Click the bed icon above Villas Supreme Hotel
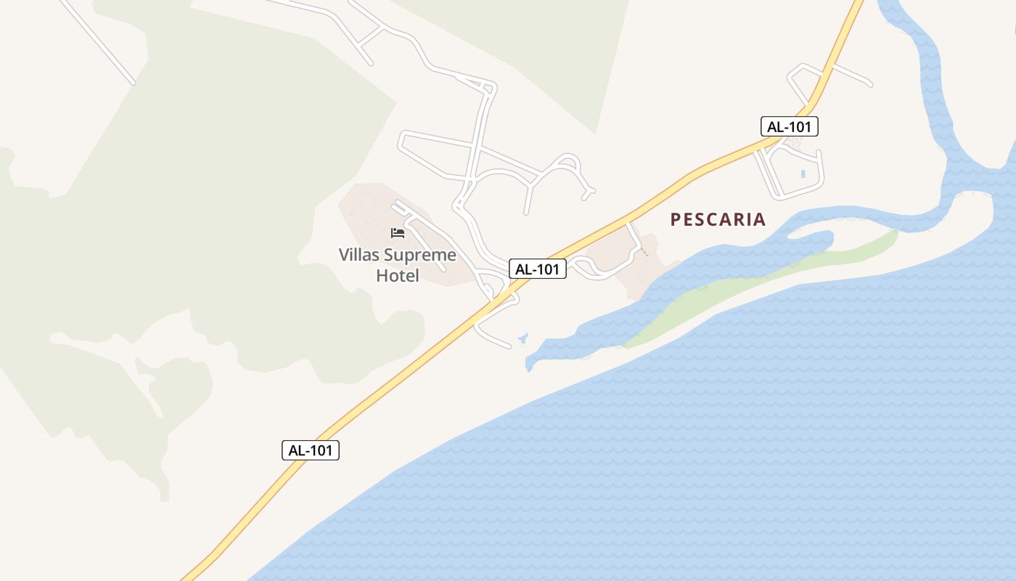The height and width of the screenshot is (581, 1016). (398, 233)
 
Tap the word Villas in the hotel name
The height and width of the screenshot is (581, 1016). (361, 255)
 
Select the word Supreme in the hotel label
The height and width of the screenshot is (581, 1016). (420, 255)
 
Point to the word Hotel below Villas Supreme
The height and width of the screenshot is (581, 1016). (398, 276)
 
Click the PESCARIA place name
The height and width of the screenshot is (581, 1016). (718, 219)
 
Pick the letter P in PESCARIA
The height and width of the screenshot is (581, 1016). (676, 219)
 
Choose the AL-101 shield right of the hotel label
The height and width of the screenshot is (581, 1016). (537, 269)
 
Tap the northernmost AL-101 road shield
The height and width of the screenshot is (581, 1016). (790, 126)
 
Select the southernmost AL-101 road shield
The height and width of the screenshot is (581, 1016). (311, 450)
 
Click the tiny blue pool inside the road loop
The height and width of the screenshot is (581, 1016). (803, 174)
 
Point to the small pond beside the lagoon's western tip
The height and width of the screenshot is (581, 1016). (523, 338)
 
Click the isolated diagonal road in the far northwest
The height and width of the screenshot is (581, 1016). (98, 42)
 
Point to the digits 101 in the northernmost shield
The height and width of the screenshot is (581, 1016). (799, 126)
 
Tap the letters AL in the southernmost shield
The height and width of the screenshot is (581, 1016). (297, 450)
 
